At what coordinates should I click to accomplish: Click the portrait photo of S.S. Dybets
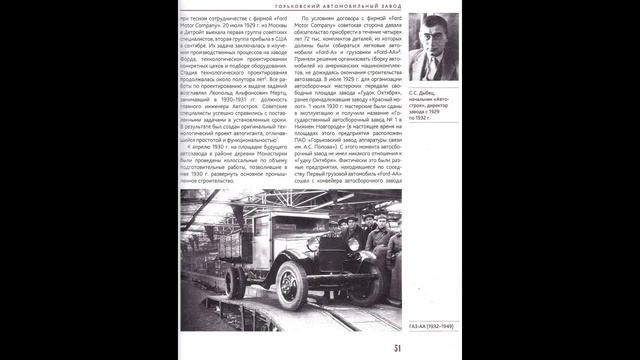coord(432,47)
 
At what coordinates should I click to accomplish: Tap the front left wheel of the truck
coord(291,285)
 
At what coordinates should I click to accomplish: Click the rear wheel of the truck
coord(235,281)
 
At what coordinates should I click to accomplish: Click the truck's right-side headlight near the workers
coord(353,244)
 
